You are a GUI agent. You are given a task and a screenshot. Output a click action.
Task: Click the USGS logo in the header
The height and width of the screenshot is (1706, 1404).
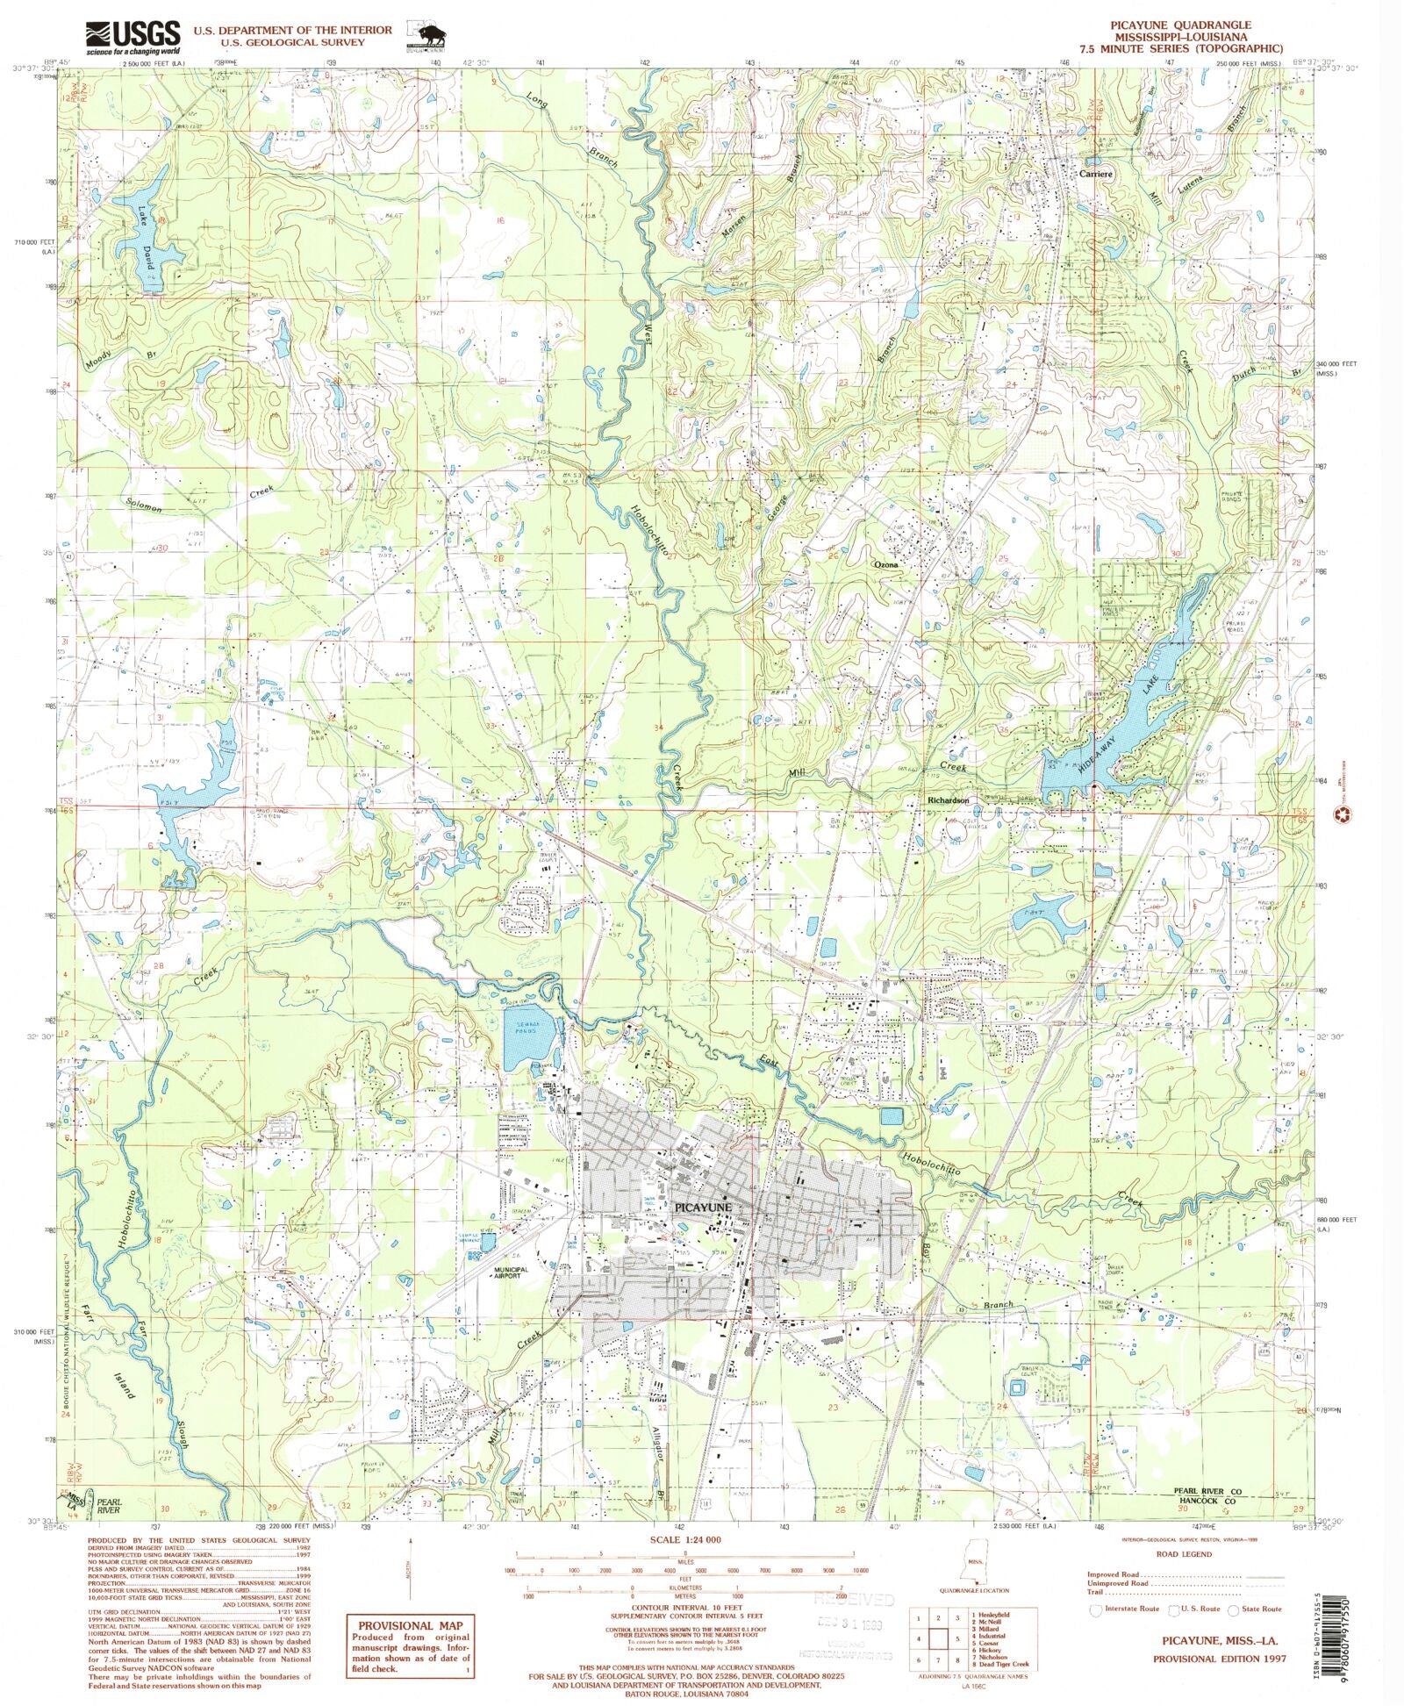pyautogui.click(x=132, y=38)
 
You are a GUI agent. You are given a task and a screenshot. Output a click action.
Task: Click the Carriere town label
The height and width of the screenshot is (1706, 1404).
pyautogui.click(x=1094, y=174)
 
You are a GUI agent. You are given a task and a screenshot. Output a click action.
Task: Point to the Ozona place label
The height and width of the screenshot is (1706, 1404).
pyautogui.click(x=885, y=565)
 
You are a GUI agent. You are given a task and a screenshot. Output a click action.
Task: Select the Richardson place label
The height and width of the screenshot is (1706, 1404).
pyautogui.click(x=948, y=800)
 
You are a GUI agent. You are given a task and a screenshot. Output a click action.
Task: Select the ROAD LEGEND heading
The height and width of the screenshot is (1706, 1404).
pyautogui.click(x=1185, y=1554)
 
